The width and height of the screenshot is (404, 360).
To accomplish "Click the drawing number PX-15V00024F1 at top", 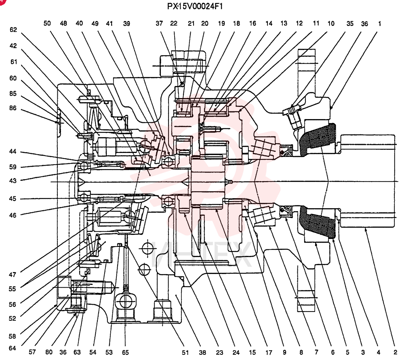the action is tap(195, 6).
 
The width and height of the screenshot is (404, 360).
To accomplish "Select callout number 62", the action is tap(13, 29).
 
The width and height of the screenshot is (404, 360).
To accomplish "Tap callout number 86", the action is tap(13, 108).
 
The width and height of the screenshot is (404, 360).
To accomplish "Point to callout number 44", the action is tap(13, 151).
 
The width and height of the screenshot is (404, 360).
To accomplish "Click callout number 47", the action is tap(13, 274).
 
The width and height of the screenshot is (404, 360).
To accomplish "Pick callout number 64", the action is tap(13, 348).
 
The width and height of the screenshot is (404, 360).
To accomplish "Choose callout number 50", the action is tap(47, 23).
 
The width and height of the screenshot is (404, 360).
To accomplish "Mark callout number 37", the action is tap(159, 23).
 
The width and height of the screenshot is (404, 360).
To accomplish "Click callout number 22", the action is tap(174, 23).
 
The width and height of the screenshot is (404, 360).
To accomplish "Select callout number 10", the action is tap(331, 24).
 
